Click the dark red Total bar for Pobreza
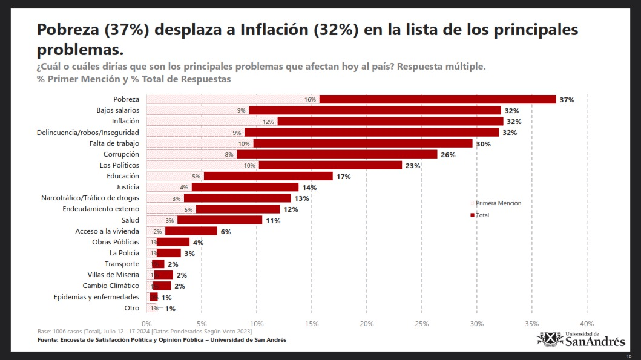[437, 99]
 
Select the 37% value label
[567, 99]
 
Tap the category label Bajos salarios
[117, 110]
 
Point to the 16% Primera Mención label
[310, 99]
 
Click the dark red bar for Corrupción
[337, 154]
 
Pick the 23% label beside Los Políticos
[413, 165]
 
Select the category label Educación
[123, 176]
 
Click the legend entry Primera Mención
[498, 203]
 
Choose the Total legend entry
[482, 215]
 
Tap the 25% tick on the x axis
[421, 324]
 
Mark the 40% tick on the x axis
[587, 324]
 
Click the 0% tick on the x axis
[146, 324]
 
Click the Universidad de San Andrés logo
[581, 339]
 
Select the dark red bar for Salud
[219, 220]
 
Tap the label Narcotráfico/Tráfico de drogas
[90, 198]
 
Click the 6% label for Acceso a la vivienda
[226, 231]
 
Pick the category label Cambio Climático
[111, 286]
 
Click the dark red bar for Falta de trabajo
[363, 143]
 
